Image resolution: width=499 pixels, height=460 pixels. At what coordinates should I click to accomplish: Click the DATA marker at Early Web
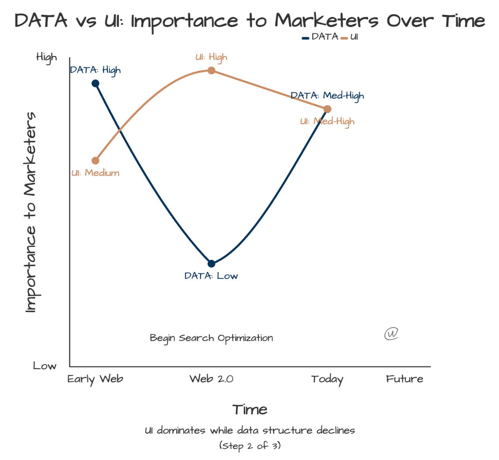pos(95,83)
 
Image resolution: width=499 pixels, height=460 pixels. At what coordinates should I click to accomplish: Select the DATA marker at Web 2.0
pos(211,264)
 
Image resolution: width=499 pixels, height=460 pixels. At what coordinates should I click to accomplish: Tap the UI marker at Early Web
pos(95,161)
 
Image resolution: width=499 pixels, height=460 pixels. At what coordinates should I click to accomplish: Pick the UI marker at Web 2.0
pos(211,70)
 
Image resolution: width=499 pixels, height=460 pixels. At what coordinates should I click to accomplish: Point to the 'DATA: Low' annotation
pos(211,276)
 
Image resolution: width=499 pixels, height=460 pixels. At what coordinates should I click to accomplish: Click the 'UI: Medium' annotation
pos(95,173)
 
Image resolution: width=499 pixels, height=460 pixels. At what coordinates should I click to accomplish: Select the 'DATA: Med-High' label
pos(327,96)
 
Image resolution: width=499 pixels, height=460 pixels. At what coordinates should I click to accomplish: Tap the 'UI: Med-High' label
pos(327,122)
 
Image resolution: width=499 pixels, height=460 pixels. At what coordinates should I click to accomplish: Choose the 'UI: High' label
pos(211,57)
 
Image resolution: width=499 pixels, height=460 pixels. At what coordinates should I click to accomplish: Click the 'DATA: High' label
pos(95,70)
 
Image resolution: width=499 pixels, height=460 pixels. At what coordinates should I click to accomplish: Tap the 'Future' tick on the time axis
pos(404,379)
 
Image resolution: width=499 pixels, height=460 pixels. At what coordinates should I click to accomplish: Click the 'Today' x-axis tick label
pos(327,379)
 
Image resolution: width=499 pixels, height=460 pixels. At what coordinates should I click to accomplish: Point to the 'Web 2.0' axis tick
pos(211,379)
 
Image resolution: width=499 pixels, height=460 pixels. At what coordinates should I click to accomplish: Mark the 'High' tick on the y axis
pos(47,57)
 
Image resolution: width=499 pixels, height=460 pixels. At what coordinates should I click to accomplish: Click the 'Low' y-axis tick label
pos(45,366)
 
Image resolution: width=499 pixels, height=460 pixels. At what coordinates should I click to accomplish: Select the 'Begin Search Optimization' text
pos(211,338)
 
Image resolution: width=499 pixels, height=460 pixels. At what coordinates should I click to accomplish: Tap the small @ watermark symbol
pos(391,333)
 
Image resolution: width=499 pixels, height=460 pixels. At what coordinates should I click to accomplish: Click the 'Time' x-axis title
pos(250,409)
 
